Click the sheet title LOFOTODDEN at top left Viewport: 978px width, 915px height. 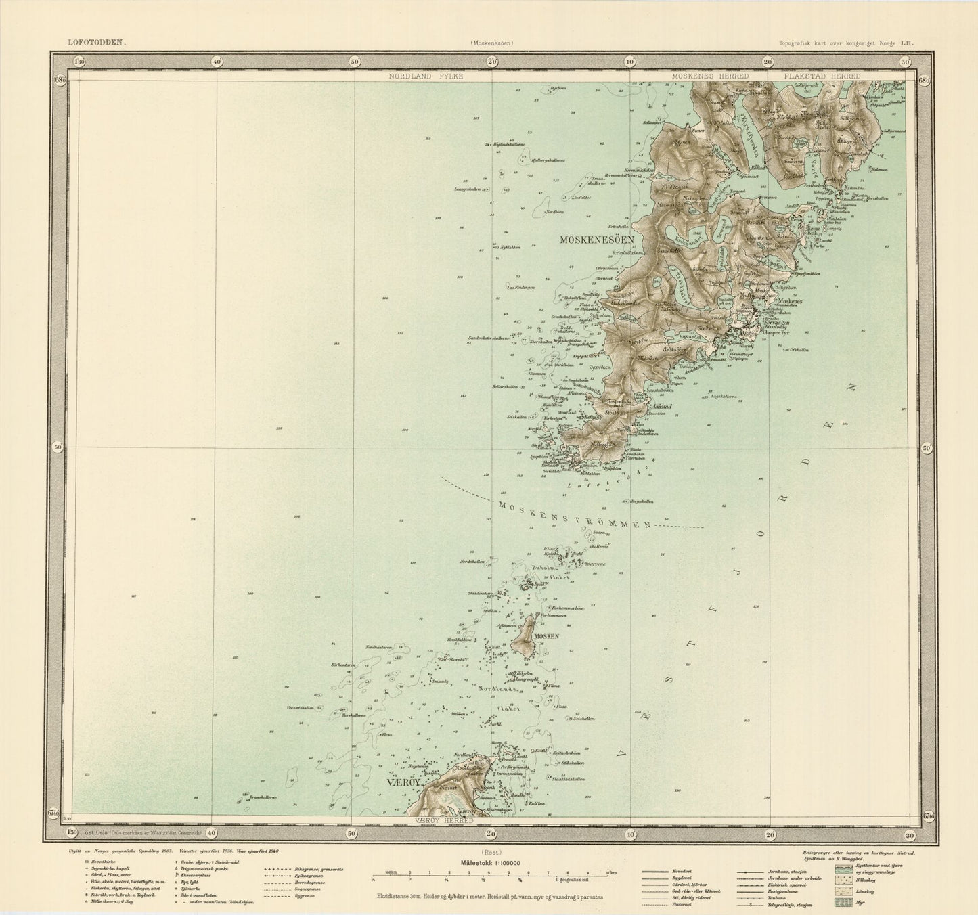coord(95,42)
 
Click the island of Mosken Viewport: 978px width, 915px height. coord(525,637)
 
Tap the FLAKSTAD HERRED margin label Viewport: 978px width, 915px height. coord(822,76)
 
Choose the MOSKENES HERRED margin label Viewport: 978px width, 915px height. coord(709,76)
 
